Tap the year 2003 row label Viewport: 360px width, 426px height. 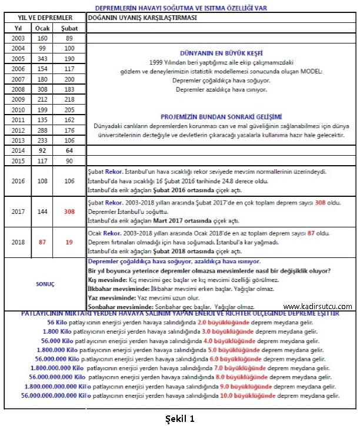tap(18, 38)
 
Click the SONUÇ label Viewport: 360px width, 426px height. tap(45, 284)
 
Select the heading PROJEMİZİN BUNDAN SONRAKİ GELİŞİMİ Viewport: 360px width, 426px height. tap(221, 116)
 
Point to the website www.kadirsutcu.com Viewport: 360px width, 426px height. tap(318, 306)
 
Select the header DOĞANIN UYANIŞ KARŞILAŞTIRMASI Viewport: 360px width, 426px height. tap(142, 18)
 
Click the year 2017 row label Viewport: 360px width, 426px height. tap(18, 210)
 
